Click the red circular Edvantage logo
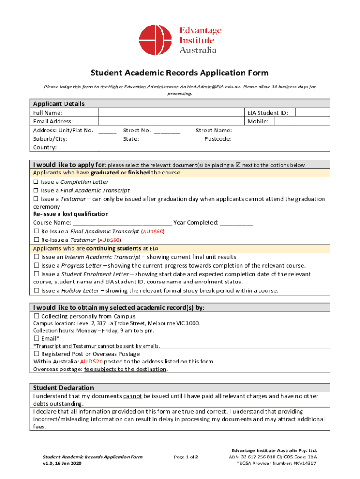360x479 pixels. point(156,40)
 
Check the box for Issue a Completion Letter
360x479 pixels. point(36,182)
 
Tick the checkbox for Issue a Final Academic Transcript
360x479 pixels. point(36,190)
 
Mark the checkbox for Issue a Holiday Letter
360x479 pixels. point(36,290)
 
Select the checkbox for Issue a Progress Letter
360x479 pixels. point(36,265)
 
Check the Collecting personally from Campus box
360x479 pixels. point(36,316)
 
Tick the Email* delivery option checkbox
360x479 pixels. point(36,338)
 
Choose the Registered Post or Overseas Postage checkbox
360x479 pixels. point(36,354)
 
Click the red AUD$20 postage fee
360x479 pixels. point(91,362)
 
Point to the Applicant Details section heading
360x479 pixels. point(58,104)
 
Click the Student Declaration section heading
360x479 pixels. point(63,388)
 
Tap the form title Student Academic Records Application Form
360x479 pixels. point(180,73)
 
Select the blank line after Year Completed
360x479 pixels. point(237,223)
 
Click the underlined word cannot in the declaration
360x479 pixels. point(133,396)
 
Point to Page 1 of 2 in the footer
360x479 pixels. point(186,457)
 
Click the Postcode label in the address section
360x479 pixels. point(218,139)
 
